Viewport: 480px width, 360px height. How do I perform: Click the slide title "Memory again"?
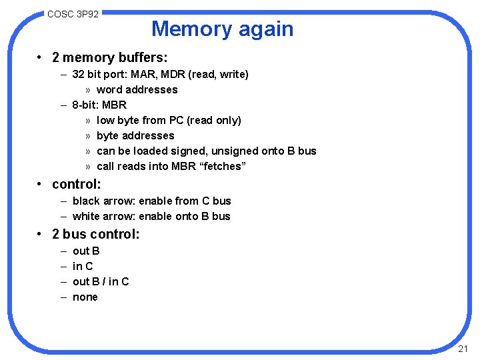coord(222,29)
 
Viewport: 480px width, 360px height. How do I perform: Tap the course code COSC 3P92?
coord(73,13)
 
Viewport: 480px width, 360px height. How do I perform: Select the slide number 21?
coord(464,349)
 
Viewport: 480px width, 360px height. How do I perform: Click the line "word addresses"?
coord(137,89)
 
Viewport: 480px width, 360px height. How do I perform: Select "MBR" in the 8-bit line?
coord(115,105)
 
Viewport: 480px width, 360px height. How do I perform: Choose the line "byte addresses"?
coord(135,135)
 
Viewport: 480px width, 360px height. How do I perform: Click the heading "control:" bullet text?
coord(76,183)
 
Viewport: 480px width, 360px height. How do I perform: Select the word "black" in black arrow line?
coord(86,201)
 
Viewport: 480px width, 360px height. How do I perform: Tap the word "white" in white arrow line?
coord(86,216)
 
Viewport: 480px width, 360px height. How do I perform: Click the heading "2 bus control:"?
coord(96,234)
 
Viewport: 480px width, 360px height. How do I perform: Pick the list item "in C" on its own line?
coord(83,266)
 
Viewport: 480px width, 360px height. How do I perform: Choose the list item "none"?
coord(85,297)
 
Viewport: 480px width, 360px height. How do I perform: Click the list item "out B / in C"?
coord(101,281)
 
